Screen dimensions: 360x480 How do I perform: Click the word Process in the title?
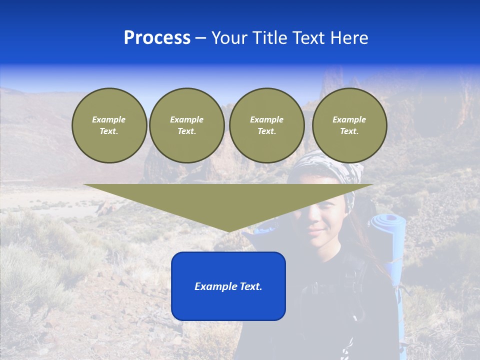157,38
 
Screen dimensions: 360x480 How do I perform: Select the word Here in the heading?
349,38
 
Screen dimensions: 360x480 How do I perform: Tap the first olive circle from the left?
109,125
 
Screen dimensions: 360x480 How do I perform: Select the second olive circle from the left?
186,125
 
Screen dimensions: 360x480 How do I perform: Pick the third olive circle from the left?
266,125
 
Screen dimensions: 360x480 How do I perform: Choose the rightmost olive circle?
349,125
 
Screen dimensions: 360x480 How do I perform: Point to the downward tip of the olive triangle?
228,231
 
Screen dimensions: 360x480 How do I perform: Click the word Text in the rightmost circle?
349,131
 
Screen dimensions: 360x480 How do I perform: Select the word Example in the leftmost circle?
109,119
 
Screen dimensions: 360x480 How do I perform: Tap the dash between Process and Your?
200,38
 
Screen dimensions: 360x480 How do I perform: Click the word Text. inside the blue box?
251,286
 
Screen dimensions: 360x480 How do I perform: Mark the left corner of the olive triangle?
84,184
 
